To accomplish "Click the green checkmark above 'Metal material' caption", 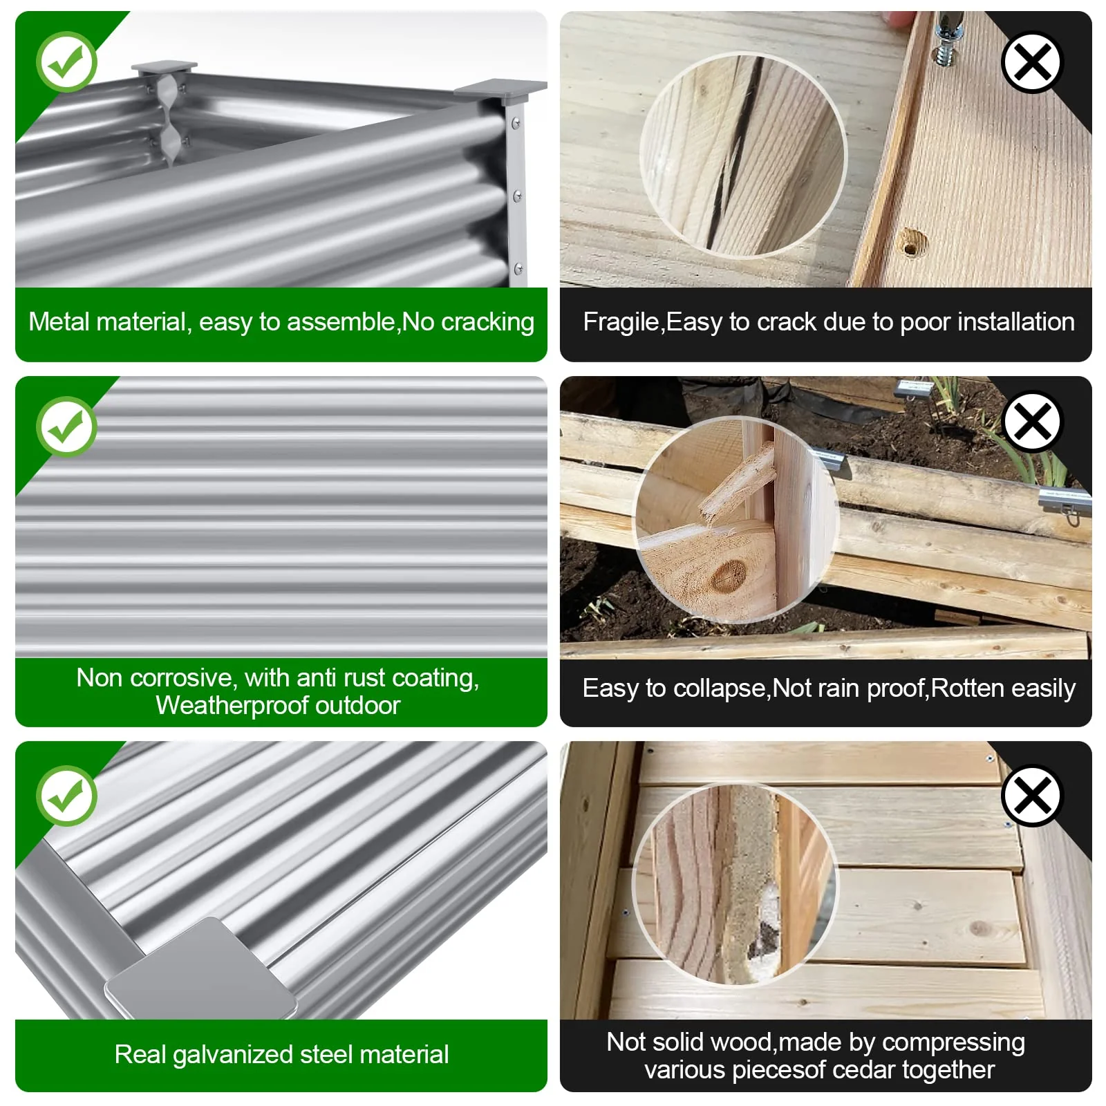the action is tap(66, 62).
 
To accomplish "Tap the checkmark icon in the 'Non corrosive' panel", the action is tap(66, 427).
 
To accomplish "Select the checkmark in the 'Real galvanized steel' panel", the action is tap(66, 796).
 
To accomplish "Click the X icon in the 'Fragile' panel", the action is tap(1032, 62).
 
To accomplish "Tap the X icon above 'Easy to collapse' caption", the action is tap(1032, 422).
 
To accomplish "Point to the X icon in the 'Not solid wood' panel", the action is tap(1032, 796).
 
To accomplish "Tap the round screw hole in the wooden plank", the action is tap(912, 243).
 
